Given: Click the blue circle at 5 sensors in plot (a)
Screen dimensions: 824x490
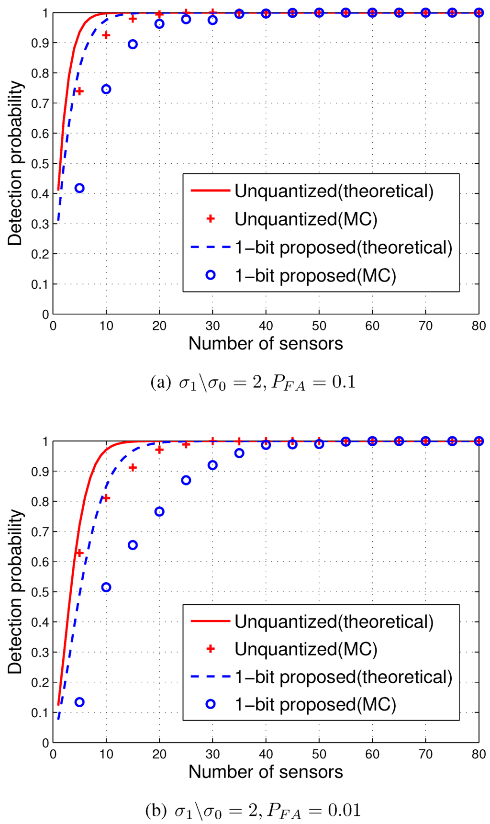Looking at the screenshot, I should [79, 188].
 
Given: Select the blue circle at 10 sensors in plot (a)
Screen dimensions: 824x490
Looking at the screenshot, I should [106, 89].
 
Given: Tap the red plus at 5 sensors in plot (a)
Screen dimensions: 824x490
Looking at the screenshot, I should [79, 91].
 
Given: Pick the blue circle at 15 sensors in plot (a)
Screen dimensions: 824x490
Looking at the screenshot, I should [133, 45].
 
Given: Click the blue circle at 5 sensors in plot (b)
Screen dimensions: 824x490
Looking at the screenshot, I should [79, 702].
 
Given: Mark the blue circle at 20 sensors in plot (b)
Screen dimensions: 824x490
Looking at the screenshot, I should [159, 511].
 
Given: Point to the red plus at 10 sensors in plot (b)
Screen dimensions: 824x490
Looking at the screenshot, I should [106, 498].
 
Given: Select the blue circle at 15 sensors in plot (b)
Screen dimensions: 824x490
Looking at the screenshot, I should [133, 545].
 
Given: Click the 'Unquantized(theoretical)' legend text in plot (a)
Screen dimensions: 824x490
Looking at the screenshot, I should [334, 191].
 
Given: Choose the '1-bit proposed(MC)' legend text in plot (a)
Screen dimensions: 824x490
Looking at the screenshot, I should [315, 276].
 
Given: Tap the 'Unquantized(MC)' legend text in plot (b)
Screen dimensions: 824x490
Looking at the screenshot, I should [306, 649].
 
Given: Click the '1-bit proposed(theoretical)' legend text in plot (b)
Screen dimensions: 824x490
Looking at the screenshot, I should [343, 677].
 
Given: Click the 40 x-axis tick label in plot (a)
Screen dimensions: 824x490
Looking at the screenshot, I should [266, 327].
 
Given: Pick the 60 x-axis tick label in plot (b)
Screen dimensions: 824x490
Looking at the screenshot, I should [372, 755].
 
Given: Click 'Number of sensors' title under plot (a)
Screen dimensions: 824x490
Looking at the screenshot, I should [266, 344].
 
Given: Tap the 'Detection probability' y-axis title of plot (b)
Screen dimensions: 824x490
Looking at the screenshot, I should [15, 591].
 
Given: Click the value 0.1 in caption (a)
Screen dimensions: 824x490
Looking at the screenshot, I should [344, 383].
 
